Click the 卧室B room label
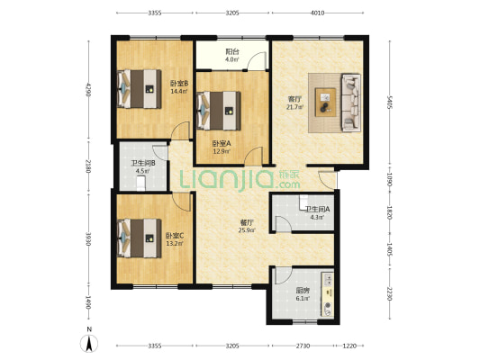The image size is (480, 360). (x=179, y=83)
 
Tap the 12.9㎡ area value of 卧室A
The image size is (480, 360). (x=222, y=150)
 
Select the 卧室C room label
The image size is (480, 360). (x=175, y=236)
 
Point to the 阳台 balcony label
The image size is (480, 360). (x=232, y=51)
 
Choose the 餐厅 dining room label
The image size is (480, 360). (x=247, y=222)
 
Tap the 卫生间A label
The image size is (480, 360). (x=317, y=209)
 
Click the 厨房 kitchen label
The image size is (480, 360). (x=303, y=290)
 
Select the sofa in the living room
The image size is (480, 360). (x=351, y=103)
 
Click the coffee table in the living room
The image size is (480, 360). (x=325, y=103)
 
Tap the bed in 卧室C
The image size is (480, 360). (x=140, y=238)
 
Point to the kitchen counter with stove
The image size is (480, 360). (x=327, y=294)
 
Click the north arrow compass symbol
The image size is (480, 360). (x=89, y=343)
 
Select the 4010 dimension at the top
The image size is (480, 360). (x=318, y=13)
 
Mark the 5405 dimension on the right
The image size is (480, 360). (x=389, y=103)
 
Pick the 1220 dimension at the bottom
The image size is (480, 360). (x=349, y=346)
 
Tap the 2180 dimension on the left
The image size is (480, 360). (x=88, y=166)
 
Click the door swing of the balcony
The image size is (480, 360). (x=257, y=61)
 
